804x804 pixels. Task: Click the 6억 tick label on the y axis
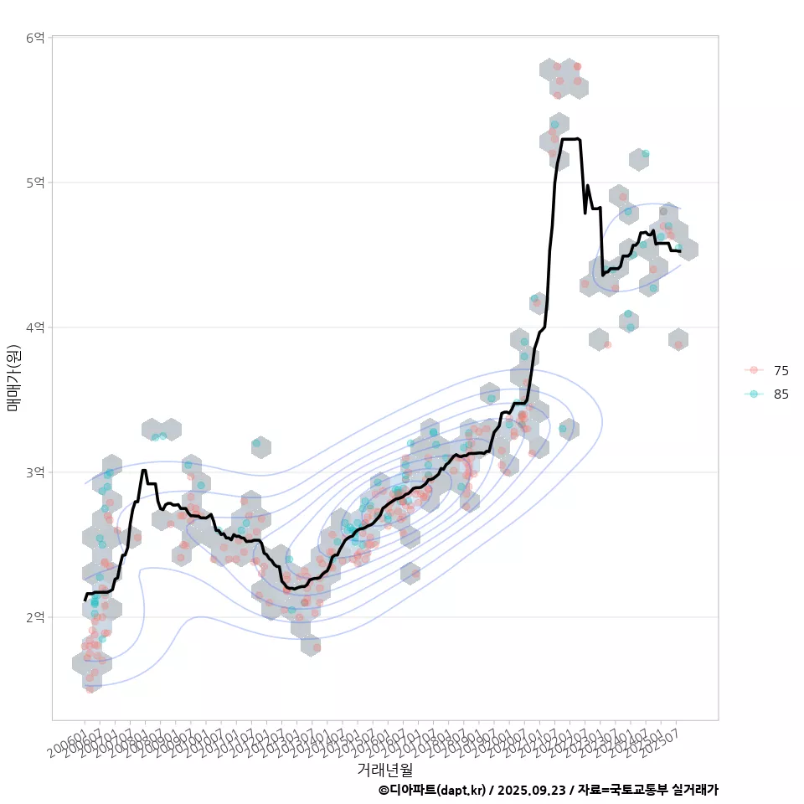[x=34, y=38]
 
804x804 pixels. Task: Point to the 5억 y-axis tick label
[x=34, y=183]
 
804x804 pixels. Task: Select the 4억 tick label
[x=34, y=327]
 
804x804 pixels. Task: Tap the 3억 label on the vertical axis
[x=34, y=472]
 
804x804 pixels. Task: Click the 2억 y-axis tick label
[x=34, y=617]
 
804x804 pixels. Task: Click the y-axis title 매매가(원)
[x=13, y=378]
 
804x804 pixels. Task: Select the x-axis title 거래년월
[x=384, y=769]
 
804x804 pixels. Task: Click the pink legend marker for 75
[x=754, y=370]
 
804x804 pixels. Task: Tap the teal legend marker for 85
[x=754, y=394]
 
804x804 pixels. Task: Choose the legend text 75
[x=781, y=370]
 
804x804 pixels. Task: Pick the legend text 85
[x=781, y=394]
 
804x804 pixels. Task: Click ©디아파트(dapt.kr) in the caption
[x=431, y=790]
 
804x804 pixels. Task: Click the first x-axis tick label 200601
[x=67, y=740]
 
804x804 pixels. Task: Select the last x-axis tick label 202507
[x=662, y=740]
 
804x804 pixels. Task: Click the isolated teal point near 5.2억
[x=645, y=154]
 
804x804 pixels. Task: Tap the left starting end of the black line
[x=85, y=600]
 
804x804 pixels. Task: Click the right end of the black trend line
[x=680, y=251]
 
